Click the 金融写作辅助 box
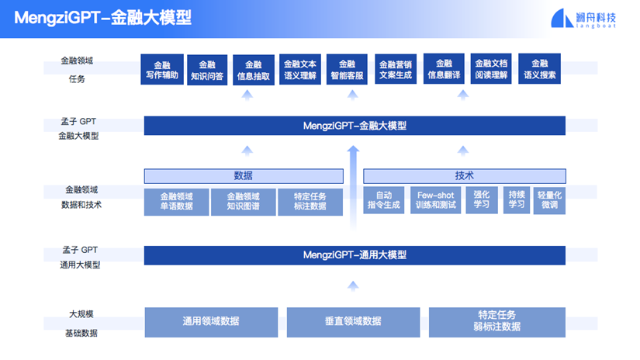click(x=162, y=69)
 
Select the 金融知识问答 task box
click(x=207, y=70)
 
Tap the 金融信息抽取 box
click(x=254, y=70)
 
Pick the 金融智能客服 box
click(x=347, y=69)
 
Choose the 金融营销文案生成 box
click(x=396, y=69)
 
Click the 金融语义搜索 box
click(x=540, y=68)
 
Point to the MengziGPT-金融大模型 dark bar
click(x=355, y=126)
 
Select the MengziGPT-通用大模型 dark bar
click(x=355, y=255)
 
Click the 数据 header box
click(x=244, y=176)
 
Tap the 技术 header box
click(x=465, y=176)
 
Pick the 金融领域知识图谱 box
click(x=244, y=202)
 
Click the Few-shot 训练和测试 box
click(x=435, y=200)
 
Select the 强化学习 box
click(x=482, y=200)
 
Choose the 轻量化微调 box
click(x=549, y=200)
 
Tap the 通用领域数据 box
click(x=211, y=322)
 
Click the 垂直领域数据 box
click(x=353, y=322)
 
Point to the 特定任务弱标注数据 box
click(x=497, y=322)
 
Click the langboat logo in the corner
click(x=583, y=19)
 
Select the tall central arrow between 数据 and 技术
click(x=353, y=188)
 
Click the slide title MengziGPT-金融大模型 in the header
click(x=103, y=18)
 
